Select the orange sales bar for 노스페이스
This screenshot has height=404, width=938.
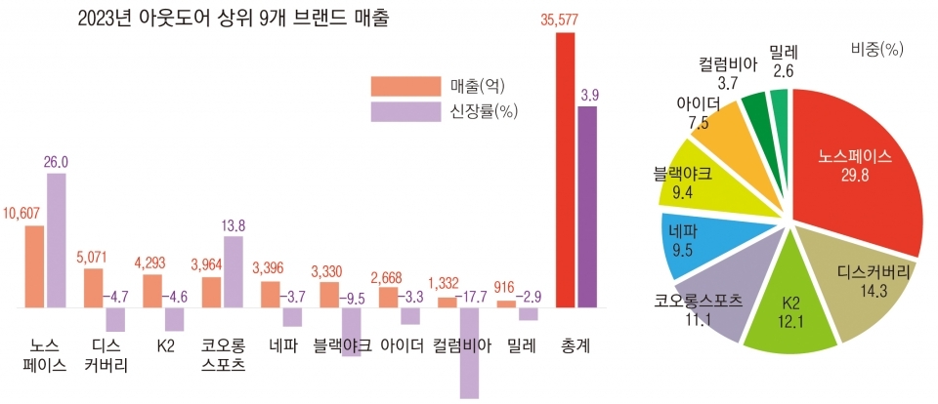(34, 266)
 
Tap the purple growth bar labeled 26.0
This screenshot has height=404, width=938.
(56, 240)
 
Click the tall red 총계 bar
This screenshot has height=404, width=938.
(565, 170)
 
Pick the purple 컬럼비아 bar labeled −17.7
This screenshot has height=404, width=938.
(469, 352)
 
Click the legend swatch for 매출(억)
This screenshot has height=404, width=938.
(405, 85)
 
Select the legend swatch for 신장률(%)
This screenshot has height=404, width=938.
(405, 111)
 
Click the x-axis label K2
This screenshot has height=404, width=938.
(163, 345)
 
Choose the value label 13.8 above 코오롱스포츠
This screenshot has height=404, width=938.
(234, 225)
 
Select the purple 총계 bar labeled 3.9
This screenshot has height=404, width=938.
(588, 207)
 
